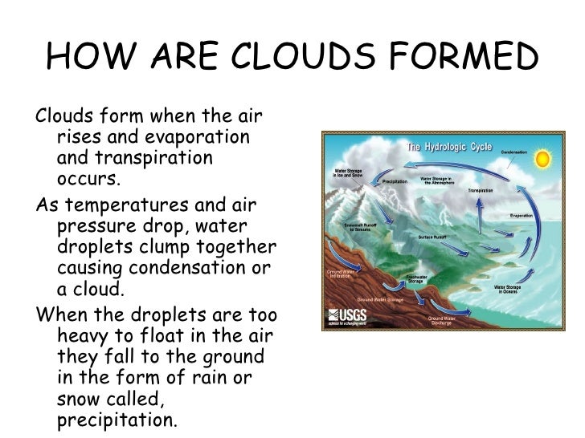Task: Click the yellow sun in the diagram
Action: pyautogui.click(x=542, y=159)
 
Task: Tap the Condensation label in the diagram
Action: pyautogui.click(x=514, y=152)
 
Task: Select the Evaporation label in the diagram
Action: pyautogui.click(x=522, y=216)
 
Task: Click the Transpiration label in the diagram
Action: pyautogui.click(x=480, y=190)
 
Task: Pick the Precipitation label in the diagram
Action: pyautogui.click(x=395, y=182)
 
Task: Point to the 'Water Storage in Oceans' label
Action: pyautogui.click(x=509, y=289)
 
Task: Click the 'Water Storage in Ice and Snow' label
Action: pyautogui.click(x=350, y=172)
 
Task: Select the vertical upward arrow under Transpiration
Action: pyautogui.click(x=479, y=215)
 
